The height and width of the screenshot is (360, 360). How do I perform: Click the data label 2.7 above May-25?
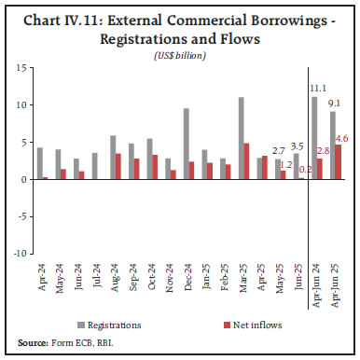277,150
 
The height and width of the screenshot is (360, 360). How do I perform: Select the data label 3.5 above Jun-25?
298,146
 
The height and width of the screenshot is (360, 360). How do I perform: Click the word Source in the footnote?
32,342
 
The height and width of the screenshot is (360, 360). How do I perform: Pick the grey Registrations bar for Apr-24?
39,163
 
